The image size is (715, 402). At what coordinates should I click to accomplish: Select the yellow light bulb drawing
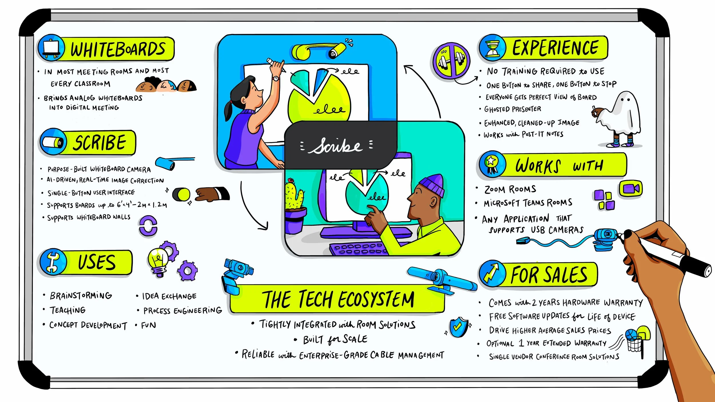click(x=157, y=260)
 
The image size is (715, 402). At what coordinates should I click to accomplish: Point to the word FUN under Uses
click(x=148, y=325)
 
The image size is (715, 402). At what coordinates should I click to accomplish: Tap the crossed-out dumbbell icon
click(x=451, y=60)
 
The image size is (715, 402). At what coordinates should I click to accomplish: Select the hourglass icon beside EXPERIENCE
click(x=493, y=48)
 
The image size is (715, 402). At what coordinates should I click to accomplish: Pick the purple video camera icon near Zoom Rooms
click(x=631, y=189)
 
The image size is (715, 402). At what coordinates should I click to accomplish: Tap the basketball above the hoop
click(x=631, y=334)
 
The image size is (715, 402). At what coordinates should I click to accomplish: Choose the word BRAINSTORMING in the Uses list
click(x=81, y=296)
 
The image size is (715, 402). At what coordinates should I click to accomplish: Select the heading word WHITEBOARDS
click(x=118, y=49)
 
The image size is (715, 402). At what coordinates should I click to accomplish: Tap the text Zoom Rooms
click(x=510, y=189)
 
